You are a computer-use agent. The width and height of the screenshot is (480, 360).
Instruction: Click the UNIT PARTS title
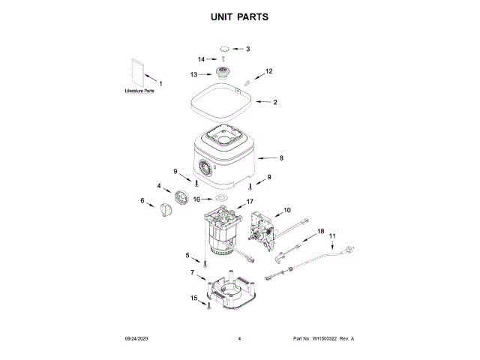point(240,16)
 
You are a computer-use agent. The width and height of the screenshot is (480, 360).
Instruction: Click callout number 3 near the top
point(248,49)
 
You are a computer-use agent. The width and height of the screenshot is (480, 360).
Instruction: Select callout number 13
point(193,74)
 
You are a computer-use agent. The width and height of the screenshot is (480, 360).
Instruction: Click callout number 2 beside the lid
point(275,102)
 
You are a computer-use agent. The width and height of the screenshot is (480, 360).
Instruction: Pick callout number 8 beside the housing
point(281,158)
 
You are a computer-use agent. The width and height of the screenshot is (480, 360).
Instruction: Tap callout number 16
point(198,199)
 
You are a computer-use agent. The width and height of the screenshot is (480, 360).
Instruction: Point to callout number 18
point(321,232)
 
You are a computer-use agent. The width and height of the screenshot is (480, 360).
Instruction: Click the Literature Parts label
point(140,91)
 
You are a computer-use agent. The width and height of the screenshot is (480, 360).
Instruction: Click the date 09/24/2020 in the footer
point(138,339)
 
